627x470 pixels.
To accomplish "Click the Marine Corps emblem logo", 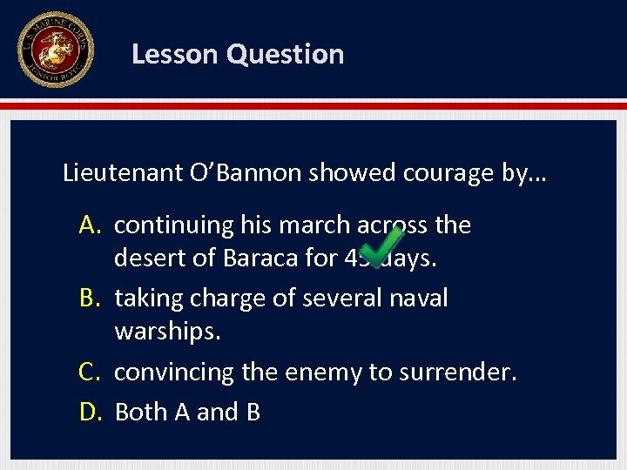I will click(x=55, y=50).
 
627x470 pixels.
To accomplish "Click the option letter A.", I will click(x=91, y=225).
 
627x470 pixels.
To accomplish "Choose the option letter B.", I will click(x=91, y=299).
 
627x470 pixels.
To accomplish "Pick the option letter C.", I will click(x=91, y=373).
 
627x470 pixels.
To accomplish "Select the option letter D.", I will click(x=91, y=412).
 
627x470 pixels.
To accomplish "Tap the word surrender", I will click(x=458, y=373).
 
